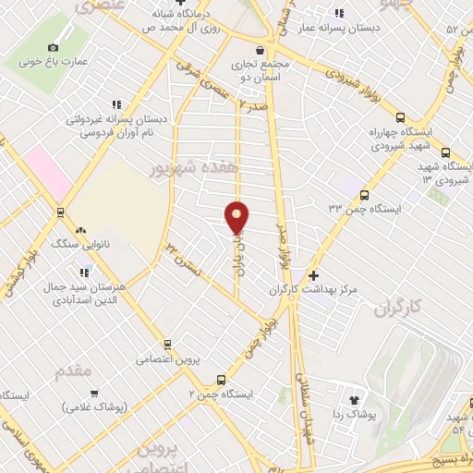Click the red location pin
(x=237, y=218)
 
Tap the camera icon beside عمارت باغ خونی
(x=53, y=47)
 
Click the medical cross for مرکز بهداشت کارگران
(x=314, y=275)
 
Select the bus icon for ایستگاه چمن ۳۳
(x=364, y=195)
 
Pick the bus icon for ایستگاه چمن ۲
(x=220, y=379)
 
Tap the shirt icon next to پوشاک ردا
(x=352, y=400)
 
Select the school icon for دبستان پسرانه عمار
(x=340, y=13)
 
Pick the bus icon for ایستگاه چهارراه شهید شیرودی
(x=399, y=117)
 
